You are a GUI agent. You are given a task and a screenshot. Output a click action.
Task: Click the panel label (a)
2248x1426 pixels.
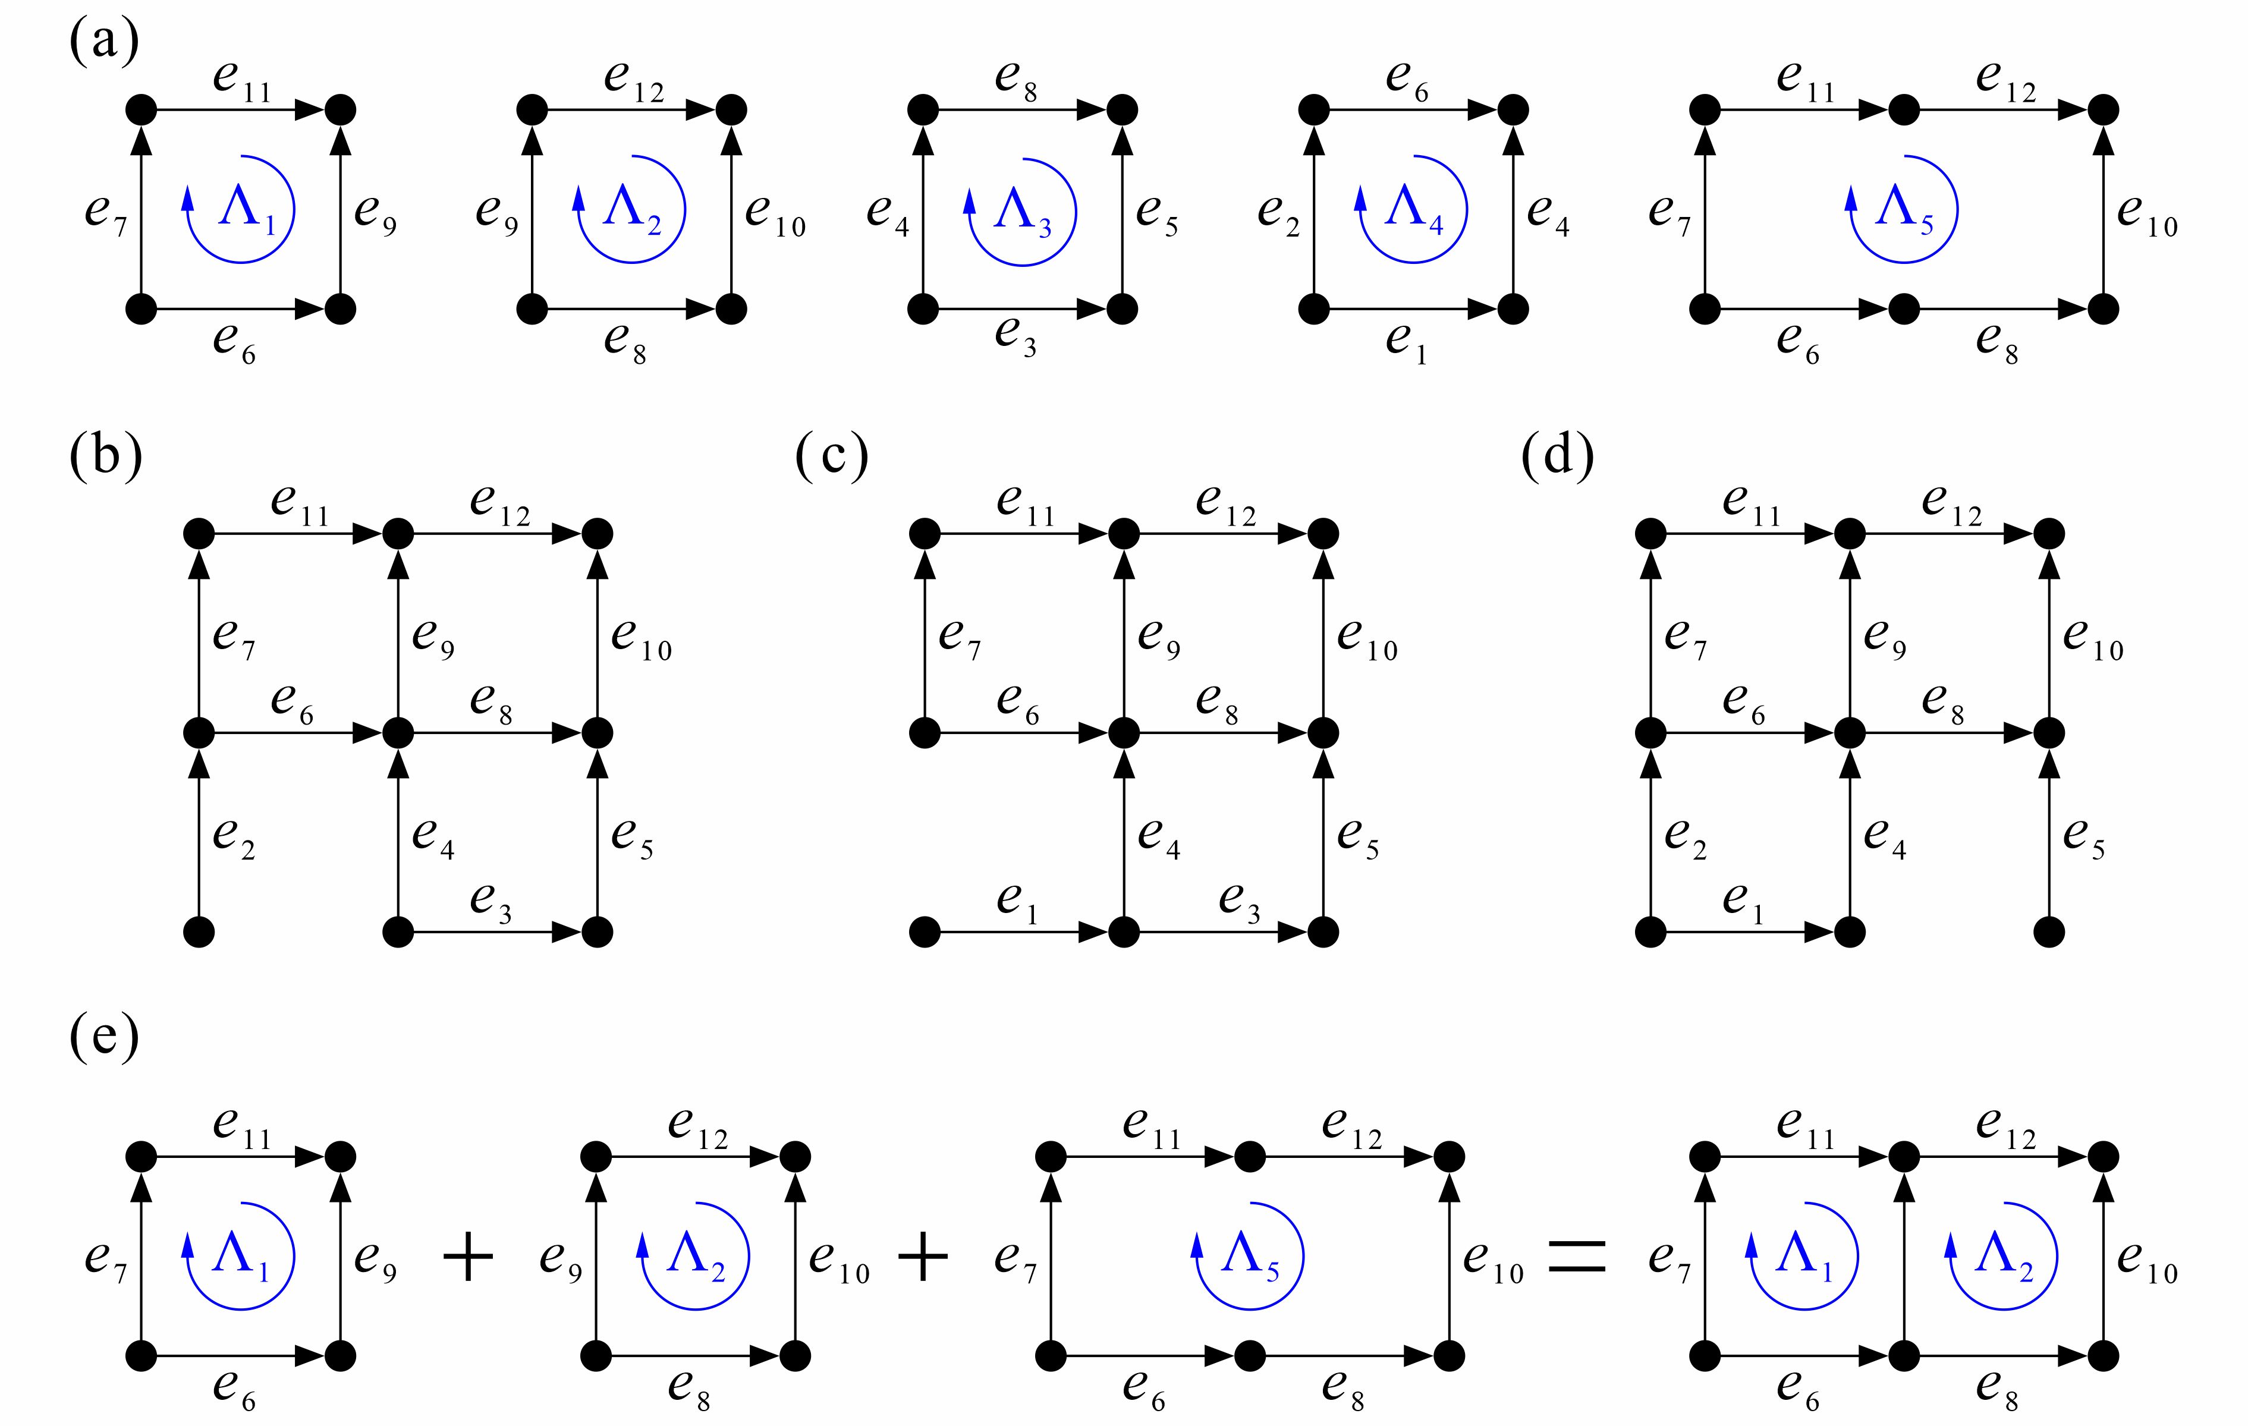103,42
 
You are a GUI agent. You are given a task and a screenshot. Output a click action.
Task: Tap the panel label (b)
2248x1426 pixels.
105,457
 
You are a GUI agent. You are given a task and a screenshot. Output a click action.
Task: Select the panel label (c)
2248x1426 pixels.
831,457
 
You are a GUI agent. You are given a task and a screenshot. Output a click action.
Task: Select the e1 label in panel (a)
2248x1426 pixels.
1407,342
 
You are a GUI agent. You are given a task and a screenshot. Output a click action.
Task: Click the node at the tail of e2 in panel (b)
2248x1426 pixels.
200,931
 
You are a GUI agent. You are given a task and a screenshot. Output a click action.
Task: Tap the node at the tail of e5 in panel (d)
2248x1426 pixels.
2049,931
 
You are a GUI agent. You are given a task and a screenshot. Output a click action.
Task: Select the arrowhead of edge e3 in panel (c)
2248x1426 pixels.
1293,931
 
